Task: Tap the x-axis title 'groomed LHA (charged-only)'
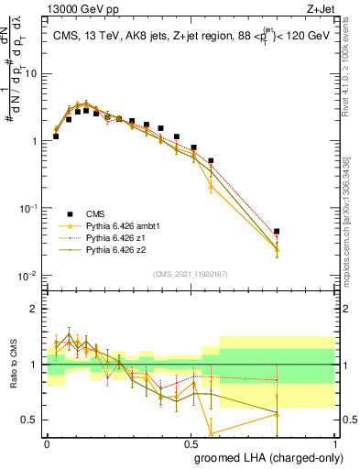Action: [x=267, y=457]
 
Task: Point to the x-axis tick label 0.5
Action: [x=191, y=442]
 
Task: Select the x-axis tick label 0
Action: [x=47, y=442]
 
